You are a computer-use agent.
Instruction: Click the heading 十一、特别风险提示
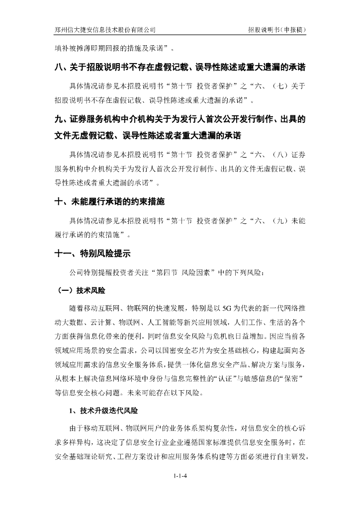tap(93, 254)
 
